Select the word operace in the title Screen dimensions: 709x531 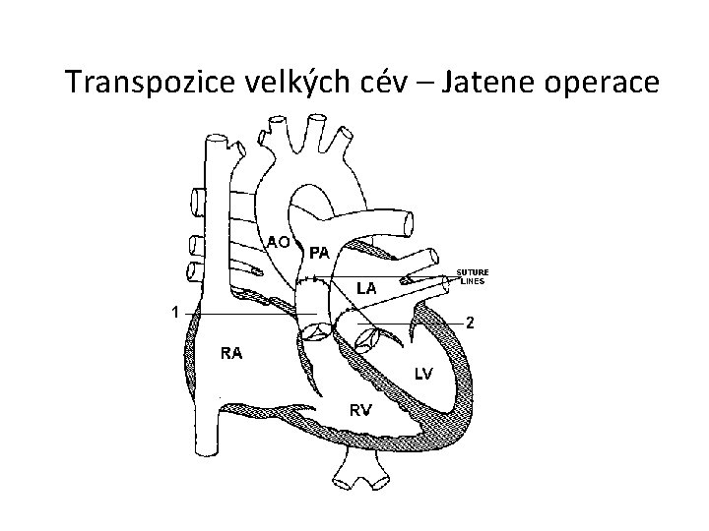click(599, 84)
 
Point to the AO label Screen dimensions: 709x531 click(279, 241)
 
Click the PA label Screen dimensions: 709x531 click(319, 252)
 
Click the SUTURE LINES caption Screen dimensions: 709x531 click(473, 276)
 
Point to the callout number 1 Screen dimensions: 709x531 click(173, 313)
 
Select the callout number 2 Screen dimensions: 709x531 click(471, 323)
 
